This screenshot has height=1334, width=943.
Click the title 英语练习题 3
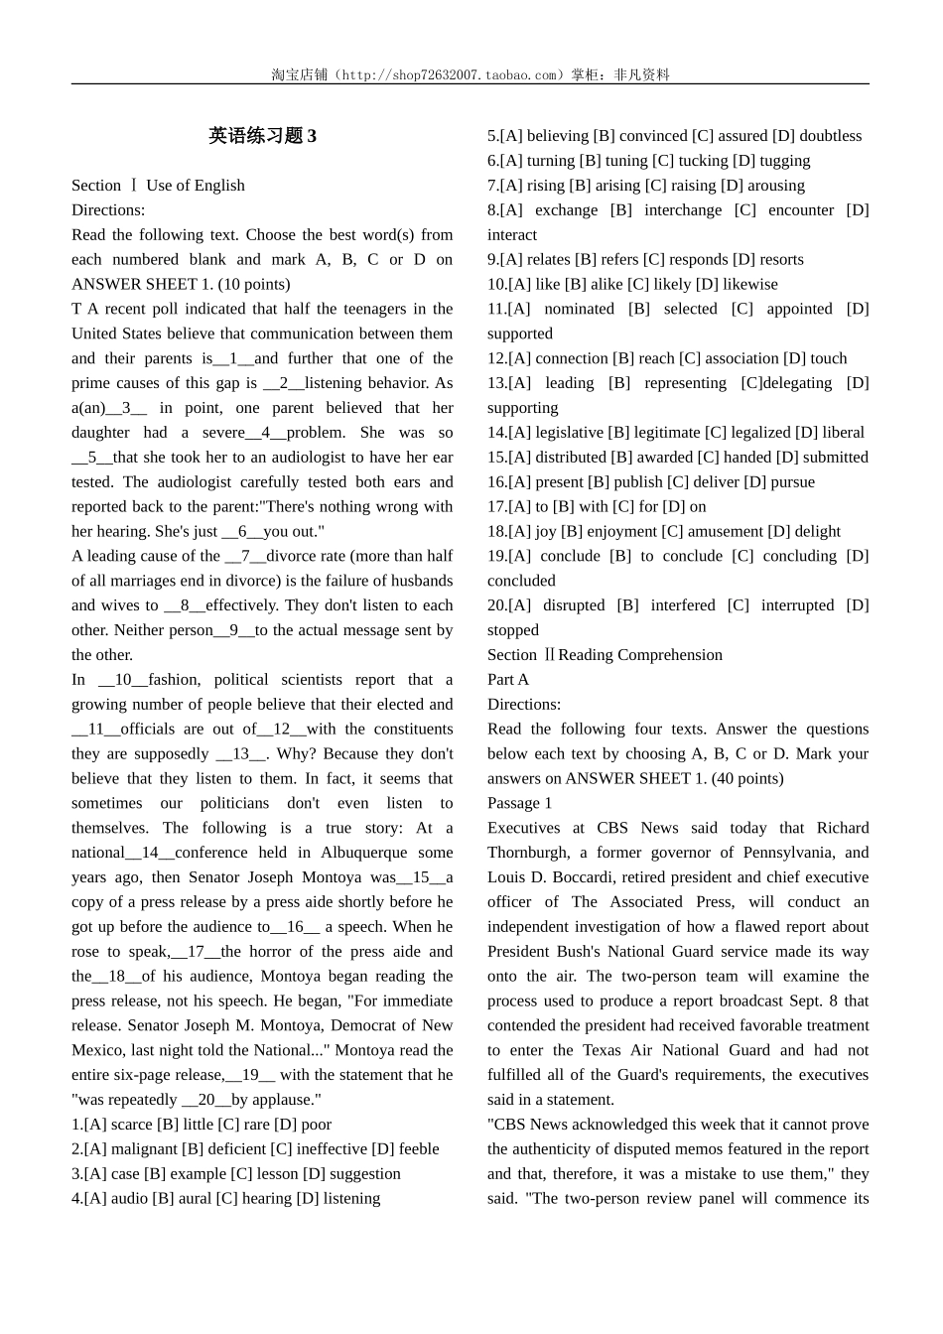click(262, 136)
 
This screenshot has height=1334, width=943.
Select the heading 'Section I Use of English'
click(158, 186)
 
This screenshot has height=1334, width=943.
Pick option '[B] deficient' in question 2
click(223, 1149)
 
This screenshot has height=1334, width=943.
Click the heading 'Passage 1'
click(519, 803)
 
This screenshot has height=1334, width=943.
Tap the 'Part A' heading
click(508, 680)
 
